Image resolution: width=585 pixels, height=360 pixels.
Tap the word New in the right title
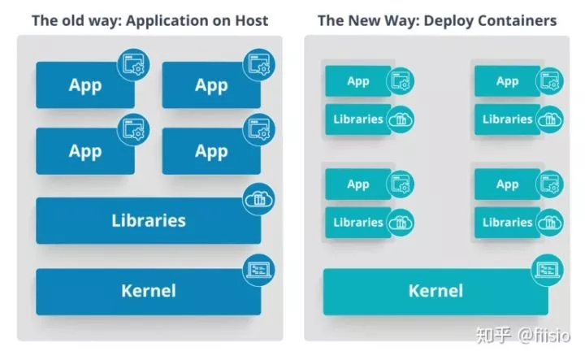365,20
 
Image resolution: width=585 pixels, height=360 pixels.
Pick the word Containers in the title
516,20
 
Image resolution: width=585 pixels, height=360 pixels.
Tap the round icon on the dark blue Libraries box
259,198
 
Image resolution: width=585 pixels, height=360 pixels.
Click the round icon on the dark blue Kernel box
259,268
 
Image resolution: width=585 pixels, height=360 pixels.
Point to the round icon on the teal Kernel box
547,269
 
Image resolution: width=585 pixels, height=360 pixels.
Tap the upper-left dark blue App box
84,85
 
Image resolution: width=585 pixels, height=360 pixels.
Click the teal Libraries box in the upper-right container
507,119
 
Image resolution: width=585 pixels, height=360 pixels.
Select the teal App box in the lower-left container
358,184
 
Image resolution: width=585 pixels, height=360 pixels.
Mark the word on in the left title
220,20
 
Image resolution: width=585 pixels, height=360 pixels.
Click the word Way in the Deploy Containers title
400,20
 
